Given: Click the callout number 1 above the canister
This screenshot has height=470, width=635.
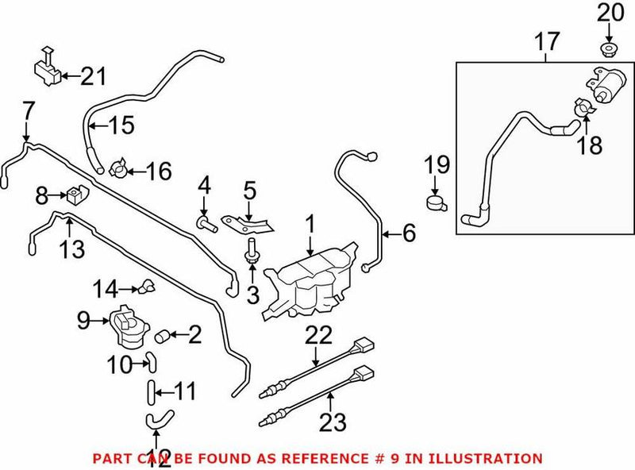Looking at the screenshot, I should (x=310, y=224).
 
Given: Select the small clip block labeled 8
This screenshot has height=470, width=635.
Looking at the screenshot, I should (x=78, y=193).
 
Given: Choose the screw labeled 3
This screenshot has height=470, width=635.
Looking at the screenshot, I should (x=252, y=253).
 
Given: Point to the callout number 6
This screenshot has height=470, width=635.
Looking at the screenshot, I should (x=409, y=233).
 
